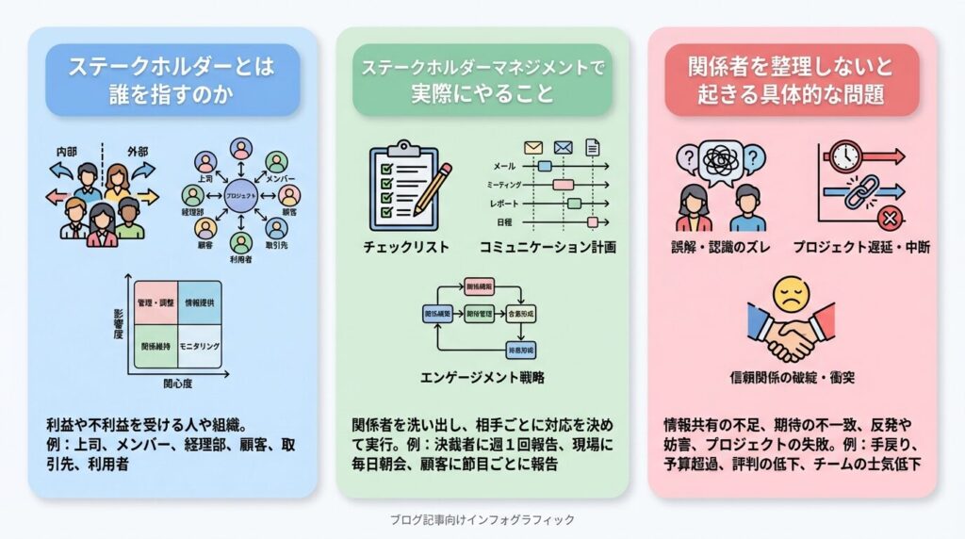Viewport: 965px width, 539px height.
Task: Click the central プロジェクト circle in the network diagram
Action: coord(240,194)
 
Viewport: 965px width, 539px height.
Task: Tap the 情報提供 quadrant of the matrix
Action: coord(198,303)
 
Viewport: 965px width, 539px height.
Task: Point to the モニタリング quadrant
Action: coord(198,347)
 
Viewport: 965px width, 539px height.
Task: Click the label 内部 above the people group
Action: coord(67,151)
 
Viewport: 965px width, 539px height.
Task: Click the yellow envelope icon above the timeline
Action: coord(533,147)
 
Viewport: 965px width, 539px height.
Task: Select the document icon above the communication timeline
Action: coord(593,147)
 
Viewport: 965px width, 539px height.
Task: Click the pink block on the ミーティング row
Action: coord(563,185)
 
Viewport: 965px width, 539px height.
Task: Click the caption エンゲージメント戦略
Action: coord(482,378)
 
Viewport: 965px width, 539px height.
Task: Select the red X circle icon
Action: coord(888,220)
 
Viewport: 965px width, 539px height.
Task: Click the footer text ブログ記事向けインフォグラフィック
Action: coord(482,519)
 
